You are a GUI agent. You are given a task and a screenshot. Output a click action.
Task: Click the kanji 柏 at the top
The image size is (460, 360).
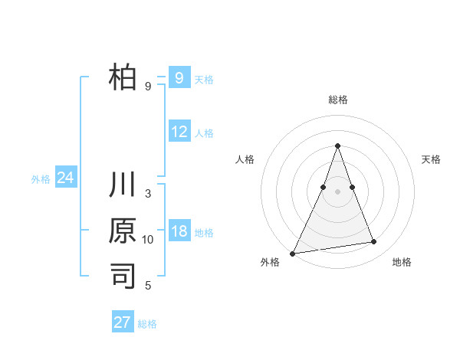pos(123,78)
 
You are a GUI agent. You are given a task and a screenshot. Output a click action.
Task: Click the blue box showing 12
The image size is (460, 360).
pos(179,132)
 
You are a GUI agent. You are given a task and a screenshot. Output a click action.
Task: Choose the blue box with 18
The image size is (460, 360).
pos(179,232)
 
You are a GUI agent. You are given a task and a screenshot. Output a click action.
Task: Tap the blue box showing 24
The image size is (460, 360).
pos(65,178)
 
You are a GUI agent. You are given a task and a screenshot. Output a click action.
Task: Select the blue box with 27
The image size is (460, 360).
pos(123,322)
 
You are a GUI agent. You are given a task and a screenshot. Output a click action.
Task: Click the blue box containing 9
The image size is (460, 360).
pos(179,77)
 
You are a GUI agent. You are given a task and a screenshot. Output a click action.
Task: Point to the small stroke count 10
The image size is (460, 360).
pos(148,240)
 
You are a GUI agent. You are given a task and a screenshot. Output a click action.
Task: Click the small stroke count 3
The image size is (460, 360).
pos(148,193)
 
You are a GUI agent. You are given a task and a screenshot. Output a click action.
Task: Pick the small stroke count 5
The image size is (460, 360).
pos(148,286)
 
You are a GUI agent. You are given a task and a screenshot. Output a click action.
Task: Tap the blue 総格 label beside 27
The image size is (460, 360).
pos(147,324)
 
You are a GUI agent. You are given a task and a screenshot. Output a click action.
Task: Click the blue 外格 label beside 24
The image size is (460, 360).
pos(41,179)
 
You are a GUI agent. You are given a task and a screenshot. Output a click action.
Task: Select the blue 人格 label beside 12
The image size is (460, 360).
pos(204,133)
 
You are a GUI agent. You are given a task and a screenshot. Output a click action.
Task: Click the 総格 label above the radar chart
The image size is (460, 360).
pos(337,100)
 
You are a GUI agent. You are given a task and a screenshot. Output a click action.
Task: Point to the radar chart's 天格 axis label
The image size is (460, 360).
pos(431,159)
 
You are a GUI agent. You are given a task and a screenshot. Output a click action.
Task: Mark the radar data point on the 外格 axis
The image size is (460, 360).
pos(292,253)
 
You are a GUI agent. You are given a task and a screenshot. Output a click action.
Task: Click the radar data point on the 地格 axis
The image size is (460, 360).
pos(374,242)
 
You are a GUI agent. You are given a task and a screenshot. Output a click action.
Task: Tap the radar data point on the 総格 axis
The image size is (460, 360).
pos(337,146)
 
